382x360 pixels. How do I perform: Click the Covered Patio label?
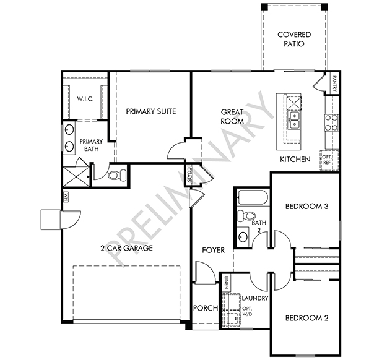click(294, 39)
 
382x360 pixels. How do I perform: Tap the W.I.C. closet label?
click(85, 99)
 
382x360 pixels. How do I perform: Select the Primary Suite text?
click(151, 111)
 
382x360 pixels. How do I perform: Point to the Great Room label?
click(232, 116)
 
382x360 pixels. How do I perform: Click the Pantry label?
click(334, 84)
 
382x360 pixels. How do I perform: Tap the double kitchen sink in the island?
click(294, 120)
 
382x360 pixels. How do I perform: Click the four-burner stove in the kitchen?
click(332, 122)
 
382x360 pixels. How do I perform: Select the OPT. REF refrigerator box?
click(329, 160)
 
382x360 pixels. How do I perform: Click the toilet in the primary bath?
click(117, 175)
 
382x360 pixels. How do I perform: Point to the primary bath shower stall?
click(76, 176)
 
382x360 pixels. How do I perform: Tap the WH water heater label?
click(65, 197)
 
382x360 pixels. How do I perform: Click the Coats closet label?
click(190, 174)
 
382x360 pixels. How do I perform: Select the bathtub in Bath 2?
click(253, 197)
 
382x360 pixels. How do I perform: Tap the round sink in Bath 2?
click(243, 237)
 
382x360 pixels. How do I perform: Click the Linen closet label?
click(227, 282)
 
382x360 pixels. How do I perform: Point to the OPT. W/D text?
click(247, 311)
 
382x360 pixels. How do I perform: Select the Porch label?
click(206, 308)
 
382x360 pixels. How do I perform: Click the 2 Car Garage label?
click(126, 248)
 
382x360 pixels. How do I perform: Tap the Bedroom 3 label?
click(306, 207)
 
